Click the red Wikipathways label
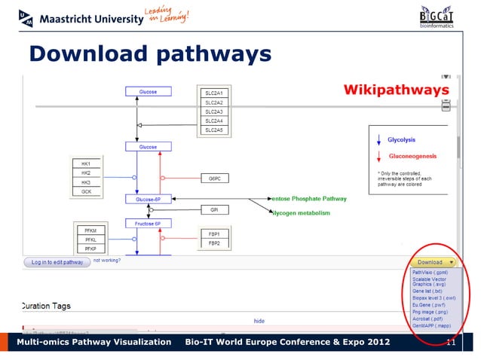(397, 90)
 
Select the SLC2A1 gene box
(214, 93)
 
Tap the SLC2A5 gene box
(214, 130)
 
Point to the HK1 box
(86, 163)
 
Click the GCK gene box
(86, 191)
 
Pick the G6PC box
(214, 178)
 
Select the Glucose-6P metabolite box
(148, 200)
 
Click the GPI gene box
(214, 210)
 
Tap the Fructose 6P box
(148, 224)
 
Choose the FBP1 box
(214, 234)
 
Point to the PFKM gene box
(90, 229)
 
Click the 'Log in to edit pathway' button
(57, 262)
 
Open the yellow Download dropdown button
(434, 262)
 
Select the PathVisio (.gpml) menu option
(430, 273)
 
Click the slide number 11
(452, 343)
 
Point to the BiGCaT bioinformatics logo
(437, 17)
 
